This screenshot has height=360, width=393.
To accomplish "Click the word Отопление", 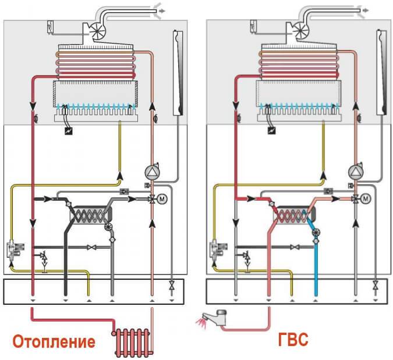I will pos(53,341).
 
